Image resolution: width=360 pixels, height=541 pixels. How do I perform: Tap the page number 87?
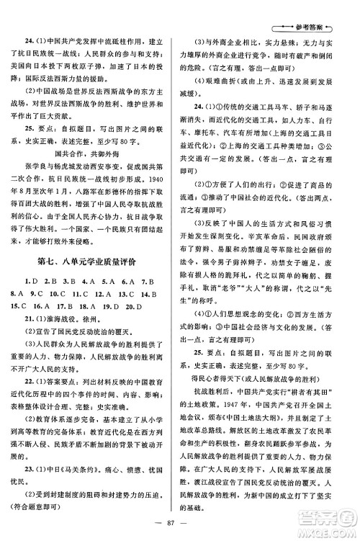(x=179, y=524)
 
